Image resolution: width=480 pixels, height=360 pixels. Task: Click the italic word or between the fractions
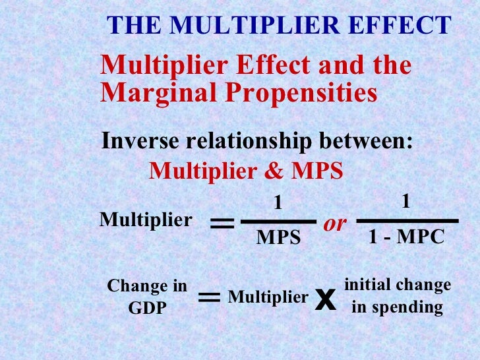[335, 224]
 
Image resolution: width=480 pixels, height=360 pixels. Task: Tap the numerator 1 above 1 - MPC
[406, 202]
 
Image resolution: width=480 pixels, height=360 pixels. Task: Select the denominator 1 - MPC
[406, 237]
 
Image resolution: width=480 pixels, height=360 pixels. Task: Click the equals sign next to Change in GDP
[209, 299]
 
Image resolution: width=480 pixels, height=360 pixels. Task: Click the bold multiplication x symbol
[322, 300]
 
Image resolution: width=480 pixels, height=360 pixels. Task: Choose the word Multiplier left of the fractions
[146, 220]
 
